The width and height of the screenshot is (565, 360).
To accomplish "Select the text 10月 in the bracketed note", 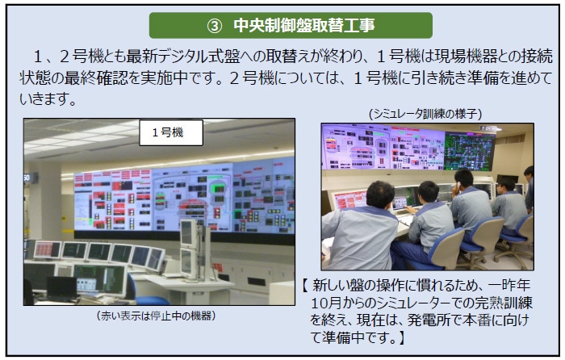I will (x=326, y=302).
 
